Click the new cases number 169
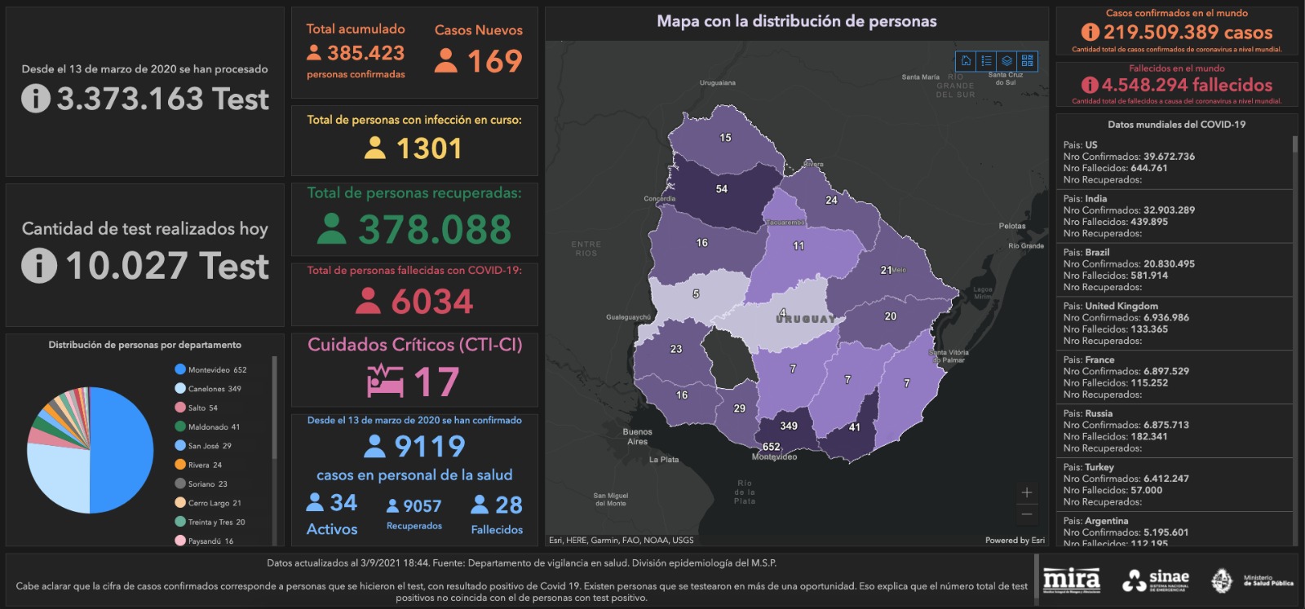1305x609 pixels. coord(494,61)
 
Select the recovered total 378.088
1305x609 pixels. coord(434,229)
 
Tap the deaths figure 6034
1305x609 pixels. coord(431,302)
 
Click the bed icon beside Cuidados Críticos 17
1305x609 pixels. coord(385,381)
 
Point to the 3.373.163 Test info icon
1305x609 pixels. coord(35,99)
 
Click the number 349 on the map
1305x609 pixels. coord(788,426)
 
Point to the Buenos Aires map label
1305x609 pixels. coord(637,436)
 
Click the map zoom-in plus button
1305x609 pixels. coord(1026,492)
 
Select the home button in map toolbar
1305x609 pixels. coord(966,60)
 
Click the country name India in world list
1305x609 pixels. coord(1095,198)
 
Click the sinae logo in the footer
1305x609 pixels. coord(1156,580)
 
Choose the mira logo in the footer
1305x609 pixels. coord(1071,580)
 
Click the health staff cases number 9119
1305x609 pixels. coord(429,447)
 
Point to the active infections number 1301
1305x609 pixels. coord(428,148)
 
